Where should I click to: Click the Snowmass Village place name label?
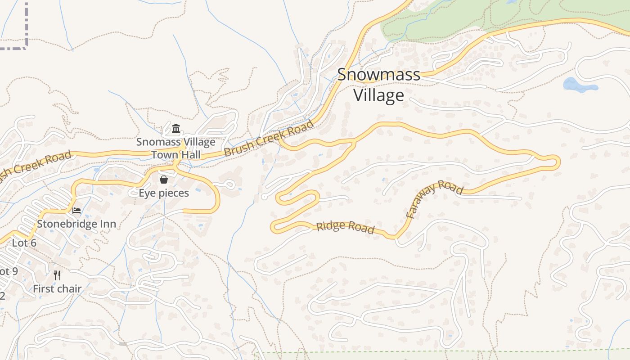click(378, 85)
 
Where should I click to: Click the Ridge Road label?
click(345, 227)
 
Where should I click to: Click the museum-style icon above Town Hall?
click(176, 129)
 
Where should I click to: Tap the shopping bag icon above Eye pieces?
click(164, 180)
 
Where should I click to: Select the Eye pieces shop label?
click(164, 193)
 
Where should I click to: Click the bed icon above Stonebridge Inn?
click(76, 210)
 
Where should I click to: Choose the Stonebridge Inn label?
click(76, 224)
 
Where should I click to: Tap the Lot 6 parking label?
click(24, 243)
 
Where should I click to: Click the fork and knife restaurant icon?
click(57, 275)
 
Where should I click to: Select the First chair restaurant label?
click(57, 289)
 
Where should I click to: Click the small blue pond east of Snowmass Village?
click(579, 85)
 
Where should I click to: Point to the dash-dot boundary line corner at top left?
click(27, 45)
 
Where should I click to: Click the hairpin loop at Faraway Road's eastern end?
click(557, 162)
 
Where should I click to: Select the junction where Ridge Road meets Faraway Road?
click(396, 236)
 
